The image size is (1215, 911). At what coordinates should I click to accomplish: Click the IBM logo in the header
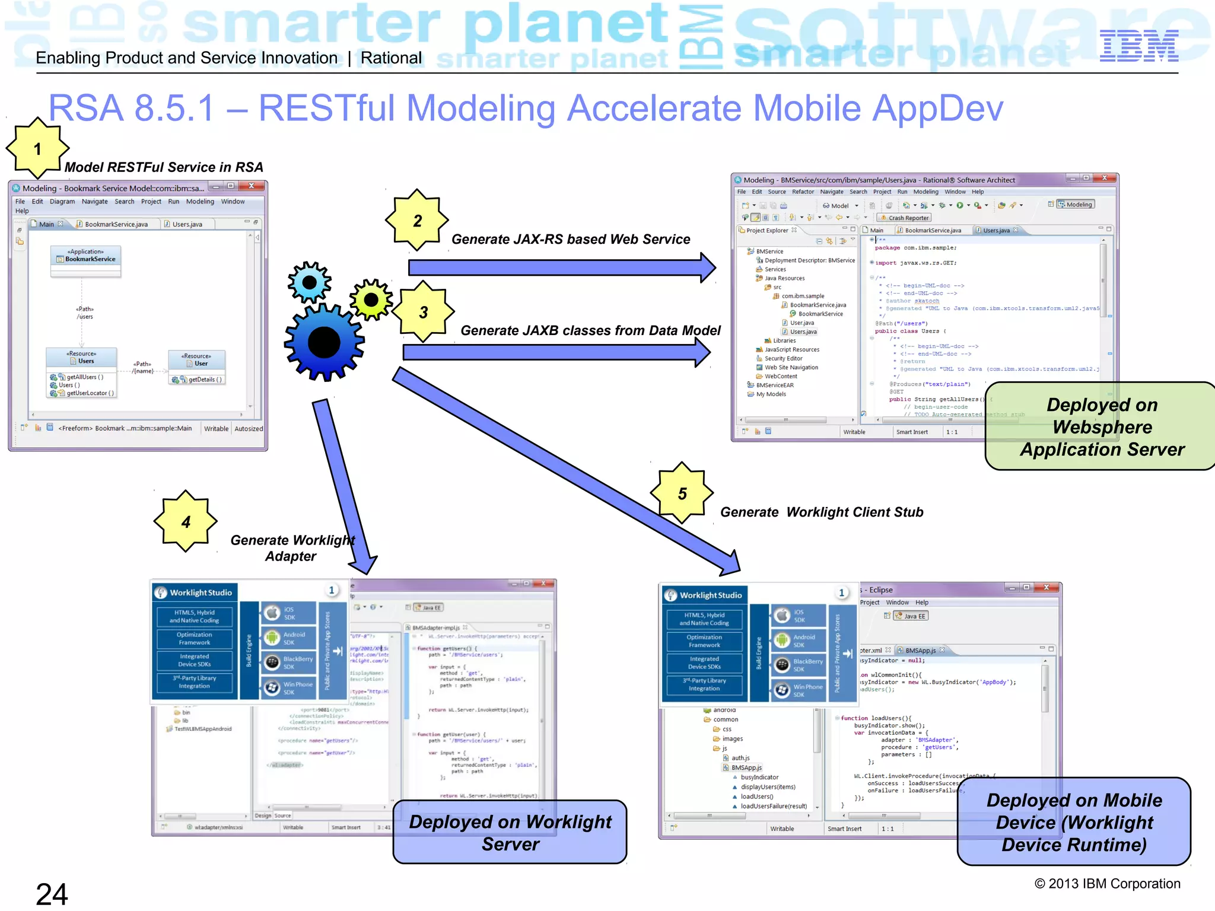pos(1138,47)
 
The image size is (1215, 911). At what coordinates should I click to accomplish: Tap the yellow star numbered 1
pos(37,148)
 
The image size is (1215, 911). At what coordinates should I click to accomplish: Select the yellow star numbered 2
pos(417,221)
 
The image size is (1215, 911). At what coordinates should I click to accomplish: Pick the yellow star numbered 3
pos(423,312)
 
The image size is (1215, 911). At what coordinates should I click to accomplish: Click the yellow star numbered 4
pos(186,521)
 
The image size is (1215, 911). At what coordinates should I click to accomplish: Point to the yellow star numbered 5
pos(682,493)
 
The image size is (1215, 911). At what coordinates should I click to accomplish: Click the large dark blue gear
pos(324,342)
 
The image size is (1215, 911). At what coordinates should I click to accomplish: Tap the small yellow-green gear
pos(371,300)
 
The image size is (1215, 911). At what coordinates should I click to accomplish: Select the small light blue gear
pos(309,282)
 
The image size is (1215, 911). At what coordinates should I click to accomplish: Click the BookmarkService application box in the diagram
pos(86,259)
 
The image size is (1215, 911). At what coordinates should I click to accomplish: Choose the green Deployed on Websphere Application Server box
pos(1102,426)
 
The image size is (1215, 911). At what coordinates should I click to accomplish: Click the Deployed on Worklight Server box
pos(510,832)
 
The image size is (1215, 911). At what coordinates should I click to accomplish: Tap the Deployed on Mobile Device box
pos(1074,822)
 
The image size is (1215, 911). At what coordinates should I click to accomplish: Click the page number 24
pos(52,894)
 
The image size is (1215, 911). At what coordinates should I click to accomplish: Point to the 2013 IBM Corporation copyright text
pos(1107,884)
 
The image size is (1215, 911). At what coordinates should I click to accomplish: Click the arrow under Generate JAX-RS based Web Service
pos(561,267)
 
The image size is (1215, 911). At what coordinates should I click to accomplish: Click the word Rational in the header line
pos(391,58)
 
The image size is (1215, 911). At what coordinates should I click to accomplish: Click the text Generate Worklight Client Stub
pos(821,512)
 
